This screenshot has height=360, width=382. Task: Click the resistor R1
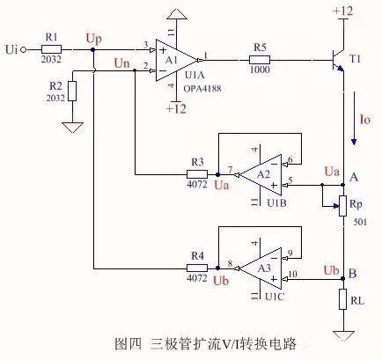[x=51, y=49]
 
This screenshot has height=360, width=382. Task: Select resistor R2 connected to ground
[x=71, y=90]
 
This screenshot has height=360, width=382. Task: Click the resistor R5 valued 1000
[x=259, y=60]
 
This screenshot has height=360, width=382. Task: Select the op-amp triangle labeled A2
[x=261, y=174]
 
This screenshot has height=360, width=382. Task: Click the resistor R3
[x=198, y=173]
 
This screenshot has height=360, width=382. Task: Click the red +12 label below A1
[x=178, y=108]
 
